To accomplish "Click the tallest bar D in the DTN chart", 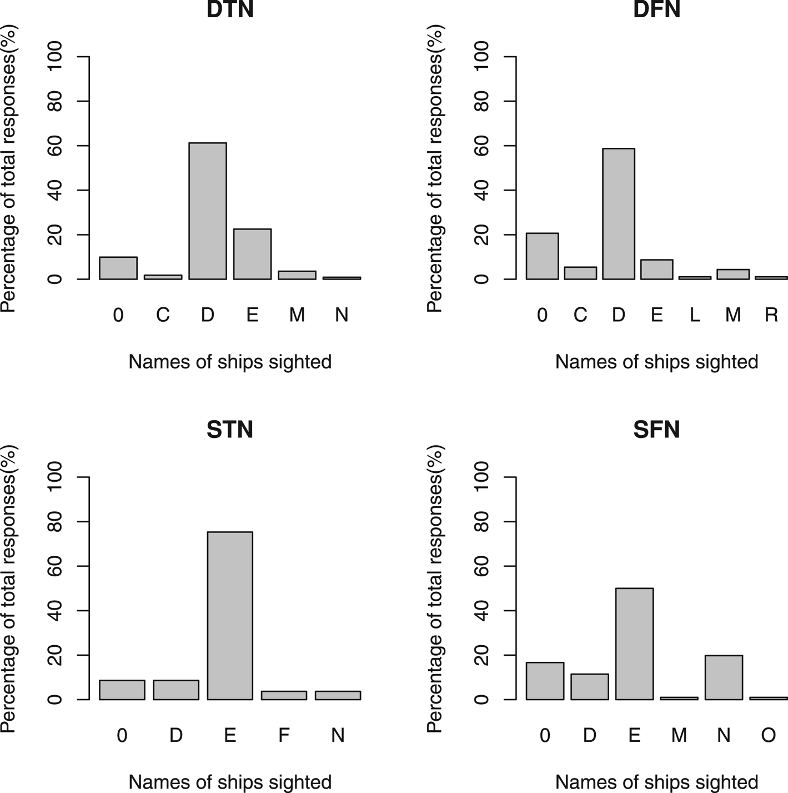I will tap(208, 211).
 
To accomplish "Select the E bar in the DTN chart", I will tap(252, 254).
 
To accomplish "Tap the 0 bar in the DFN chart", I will tap(542, 256).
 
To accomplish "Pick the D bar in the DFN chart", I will tap(619, 214).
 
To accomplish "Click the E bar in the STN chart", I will tap(230, 616).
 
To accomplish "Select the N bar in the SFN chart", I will tap(724, 677).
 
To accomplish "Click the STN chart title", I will tap(230, 430).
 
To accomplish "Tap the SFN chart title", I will tap(656, 430).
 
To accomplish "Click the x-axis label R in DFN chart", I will tap(771, 315).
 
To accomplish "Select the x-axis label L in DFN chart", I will tap(695, 315).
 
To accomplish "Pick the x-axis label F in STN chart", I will tap(284, 735).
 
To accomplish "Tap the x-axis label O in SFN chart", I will tap(768, 735).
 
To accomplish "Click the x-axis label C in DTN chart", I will tap(163, 315).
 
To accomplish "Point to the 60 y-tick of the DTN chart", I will tap(55, 146).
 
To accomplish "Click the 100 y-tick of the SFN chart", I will tap(481, 477).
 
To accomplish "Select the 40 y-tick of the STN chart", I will tap(55, 611).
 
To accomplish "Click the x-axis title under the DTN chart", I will tap(230, 362).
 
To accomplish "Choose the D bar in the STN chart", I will tap(176, 690).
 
